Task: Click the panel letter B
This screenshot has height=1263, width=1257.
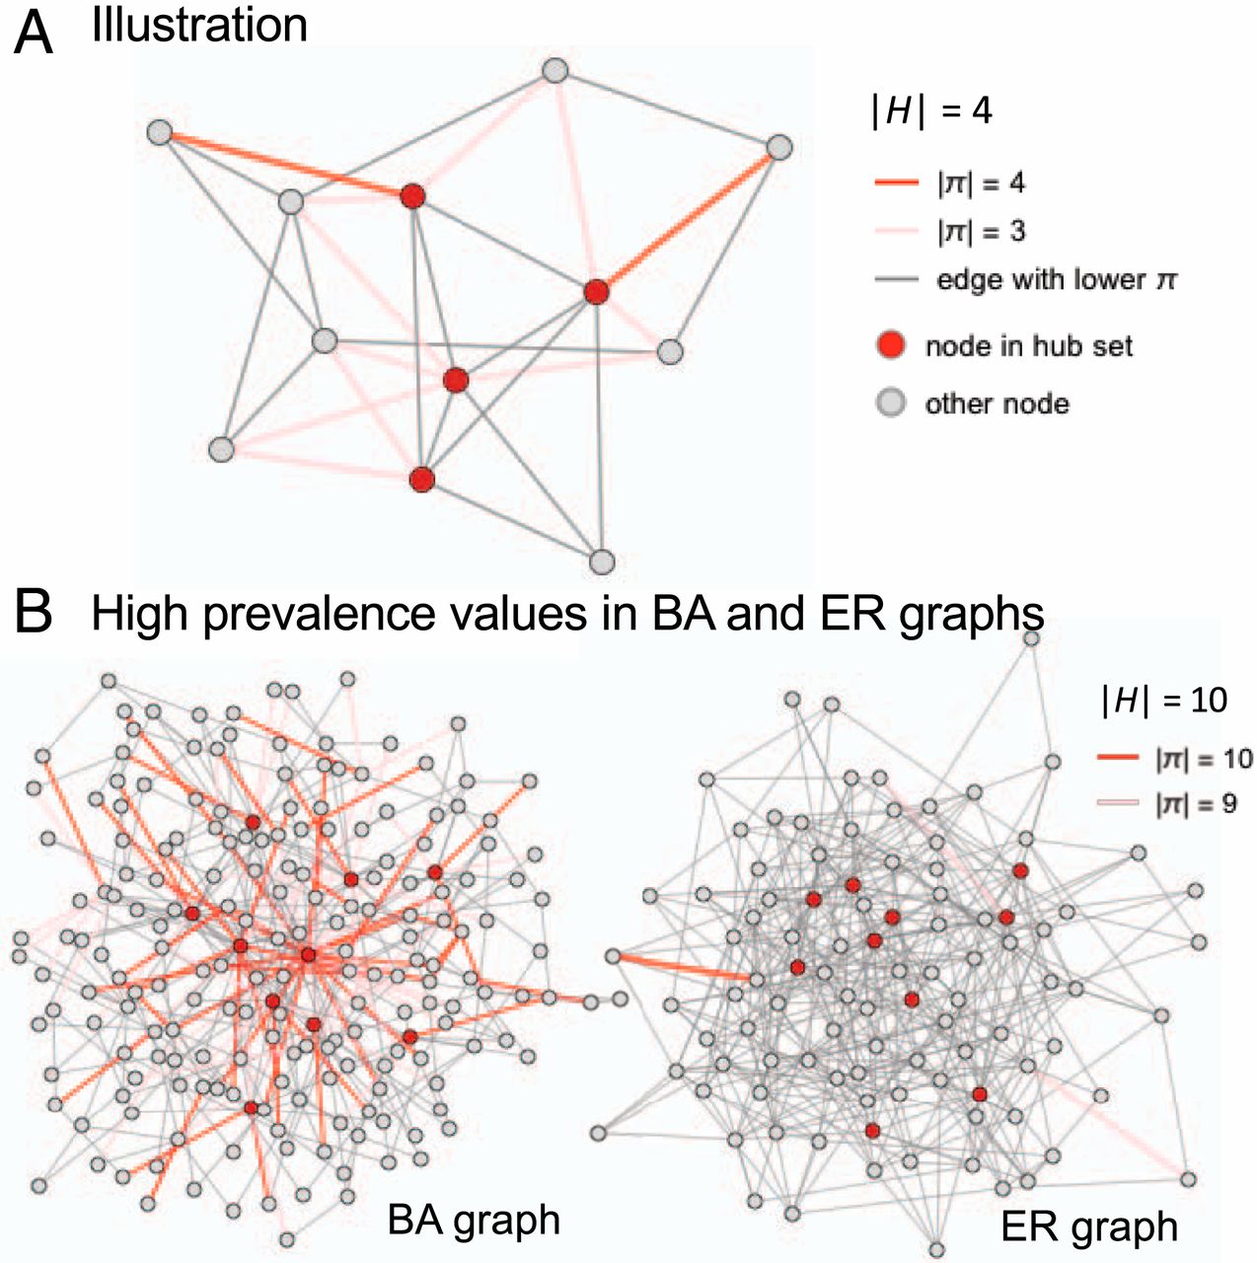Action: pos(34,614)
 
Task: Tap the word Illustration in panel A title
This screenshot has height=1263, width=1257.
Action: pos(199,26)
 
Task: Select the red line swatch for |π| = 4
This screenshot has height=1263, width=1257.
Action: pos(896,184)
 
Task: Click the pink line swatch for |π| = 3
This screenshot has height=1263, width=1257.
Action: pos(896,232)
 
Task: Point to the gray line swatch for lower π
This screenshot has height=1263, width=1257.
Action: pos(896,280)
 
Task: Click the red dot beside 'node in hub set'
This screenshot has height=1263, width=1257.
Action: pos(891,345)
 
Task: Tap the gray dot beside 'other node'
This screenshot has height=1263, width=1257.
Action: pos(891,403)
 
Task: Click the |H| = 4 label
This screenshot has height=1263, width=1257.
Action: pos(931,111)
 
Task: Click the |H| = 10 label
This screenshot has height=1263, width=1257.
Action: pos(1164,700)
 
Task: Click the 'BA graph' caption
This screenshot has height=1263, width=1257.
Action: pos(474,1220)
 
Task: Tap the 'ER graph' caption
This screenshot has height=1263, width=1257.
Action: pos(1089,1226)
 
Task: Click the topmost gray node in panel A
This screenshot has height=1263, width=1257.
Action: pos(555,70)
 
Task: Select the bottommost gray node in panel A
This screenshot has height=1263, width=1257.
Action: pos(602,561)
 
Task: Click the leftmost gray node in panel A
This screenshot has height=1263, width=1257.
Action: pos(160,133)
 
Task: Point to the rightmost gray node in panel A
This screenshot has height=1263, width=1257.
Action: pos(779,147)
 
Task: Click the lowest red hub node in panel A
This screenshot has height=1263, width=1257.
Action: pos(422,480)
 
